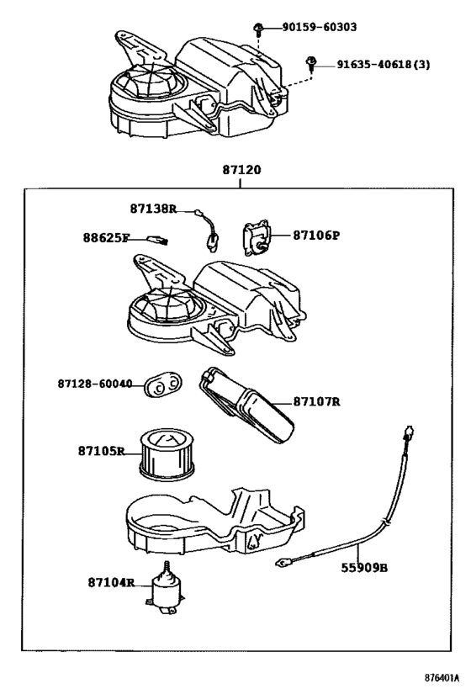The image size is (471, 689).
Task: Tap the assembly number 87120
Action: [x=241, y=169]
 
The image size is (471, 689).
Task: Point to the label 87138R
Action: [x=153, y=208]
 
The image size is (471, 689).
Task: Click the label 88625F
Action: [x=106, y=238]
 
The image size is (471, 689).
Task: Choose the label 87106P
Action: [x=316, y=236]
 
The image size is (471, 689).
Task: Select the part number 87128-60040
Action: [x=95, y=384]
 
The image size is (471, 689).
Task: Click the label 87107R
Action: [x=317, y=401]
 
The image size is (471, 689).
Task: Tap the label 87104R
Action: [x=110, y=582]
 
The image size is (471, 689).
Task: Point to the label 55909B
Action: [x=367, y=568]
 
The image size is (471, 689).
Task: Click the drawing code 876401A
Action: [x=441, y=676]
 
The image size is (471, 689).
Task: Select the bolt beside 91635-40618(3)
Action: [x=312, y=63]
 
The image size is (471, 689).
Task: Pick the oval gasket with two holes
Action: [x=162, y=384]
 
